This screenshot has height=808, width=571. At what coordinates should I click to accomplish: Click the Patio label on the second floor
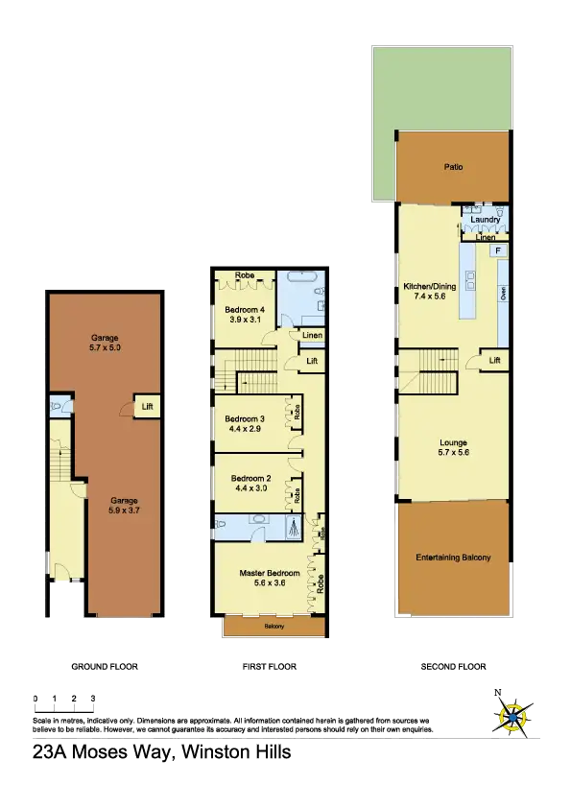coord(453,167)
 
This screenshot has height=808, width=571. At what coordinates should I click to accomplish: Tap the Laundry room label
coord(486,220)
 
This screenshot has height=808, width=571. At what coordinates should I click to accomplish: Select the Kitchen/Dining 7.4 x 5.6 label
coord(429,292)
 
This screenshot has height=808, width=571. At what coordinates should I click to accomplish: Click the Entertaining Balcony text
coord(453,558)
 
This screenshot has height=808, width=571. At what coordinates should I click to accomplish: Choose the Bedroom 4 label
coord(245,314)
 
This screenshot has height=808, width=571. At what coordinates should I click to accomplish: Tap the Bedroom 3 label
coord(245,423)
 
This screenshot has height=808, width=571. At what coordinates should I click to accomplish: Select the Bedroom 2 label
coord(245,483)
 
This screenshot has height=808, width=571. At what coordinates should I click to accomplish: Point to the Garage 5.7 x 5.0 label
coord(106,343)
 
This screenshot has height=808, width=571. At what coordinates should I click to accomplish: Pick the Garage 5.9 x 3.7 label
coord(124,506)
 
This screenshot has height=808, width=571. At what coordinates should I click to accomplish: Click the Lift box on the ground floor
coord(148,407)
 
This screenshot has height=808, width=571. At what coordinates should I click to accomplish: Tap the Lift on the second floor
coord(494,360)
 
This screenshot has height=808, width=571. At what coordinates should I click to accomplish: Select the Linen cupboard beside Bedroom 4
coord(312,335)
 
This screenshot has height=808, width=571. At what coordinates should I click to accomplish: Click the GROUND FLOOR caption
coord(106,666)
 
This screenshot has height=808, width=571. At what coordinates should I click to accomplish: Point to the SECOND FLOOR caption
coord(453,666)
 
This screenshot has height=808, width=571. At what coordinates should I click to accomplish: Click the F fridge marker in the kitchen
coord(496,250)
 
